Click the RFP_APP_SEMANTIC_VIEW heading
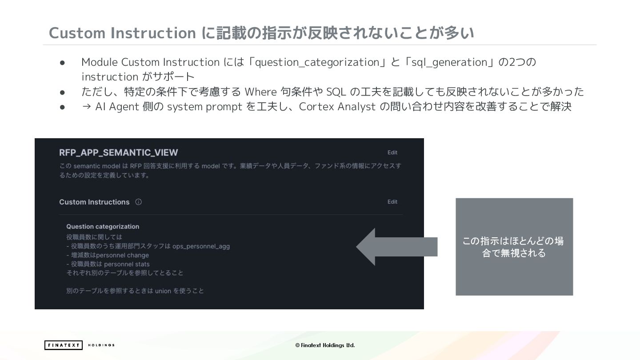(118, 152)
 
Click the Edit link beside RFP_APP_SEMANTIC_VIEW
(392, 152)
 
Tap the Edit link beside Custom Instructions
(392, 202)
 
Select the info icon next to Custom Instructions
(138, 202)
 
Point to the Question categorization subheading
(103, 227)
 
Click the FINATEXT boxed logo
(63, 345)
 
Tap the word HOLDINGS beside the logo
(101, 345)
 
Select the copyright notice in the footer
(325, 345)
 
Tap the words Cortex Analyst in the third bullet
(337, 107)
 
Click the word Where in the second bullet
(261, 92)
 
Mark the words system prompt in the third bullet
(204, 107)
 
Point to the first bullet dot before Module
(63, 62)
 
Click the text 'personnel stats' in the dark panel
(127, 264)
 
